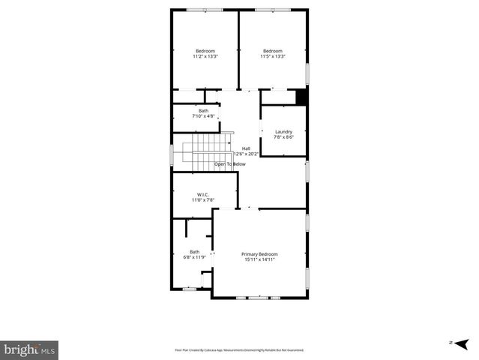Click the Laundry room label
click(283, 132)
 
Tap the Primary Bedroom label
click(259, 254)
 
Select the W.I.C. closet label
click(199, 195)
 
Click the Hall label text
click(246, 148)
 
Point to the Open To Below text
click(230, 163)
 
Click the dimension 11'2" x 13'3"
click(205, 56)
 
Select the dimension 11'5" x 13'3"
click(272, 56)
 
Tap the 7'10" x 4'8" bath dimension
click(203, 116)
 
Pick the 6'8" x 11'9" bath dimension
click(195, 257)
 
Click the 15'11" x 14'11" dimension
click(259, 259)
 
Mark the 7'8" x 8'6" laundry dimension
click(283, 137)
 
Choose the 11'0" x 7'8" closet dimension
click(199, 200)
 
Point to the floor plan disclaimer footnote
click(239, 349)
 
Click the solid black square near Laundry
click(301, 97)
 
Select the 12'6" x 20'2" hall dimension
click(246, 154)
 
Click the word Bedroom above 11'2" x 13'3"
click(205, 51)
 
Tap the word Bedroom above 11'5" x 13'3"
click(272, 51)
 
